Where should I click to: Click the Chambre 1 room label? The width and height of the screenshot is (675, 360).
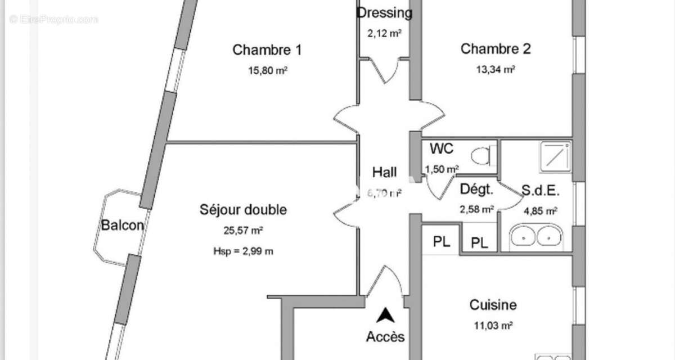click(x=267, y=50)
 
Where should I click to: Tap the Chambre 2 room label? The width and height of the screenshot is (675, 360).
click(x=496, y=49)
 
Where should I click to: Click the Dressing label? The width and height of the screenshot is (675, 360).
click(x=385, y=12)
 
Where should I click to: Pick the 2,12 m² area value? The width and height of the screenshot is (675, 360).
click(x=384, y=33)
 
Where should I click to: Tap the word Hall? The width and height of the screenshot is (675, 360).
click(x=385, y=172)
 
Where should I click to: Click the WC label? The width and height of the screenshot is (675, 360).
click(x=442, y=149)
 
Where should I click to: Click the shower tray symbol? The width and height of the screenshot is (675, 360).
click(x=555, y=155)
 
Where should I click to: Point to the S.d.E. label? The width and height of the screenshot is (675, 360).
click(x=540, y=190)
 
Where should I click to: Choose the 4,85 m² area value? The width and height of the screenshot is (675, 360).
click(x=540, y=211)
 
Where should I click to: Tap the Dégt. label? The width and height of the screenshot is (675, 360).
click(x=476, y=190)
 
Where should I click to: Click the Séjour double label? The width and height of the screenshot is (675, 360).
click(x=243, y=210)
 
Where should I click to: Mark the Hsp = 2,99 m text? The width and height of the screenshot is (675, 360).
click(x=243, y=251)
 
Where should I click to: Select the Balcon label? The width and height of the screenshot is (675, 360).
click(x=122, y=226)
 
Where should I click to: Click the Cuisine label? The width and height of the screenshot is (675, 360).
click(x=493, y=305)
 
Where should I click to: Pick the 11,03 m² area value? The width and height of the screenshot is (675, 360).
click(x=493, y=325)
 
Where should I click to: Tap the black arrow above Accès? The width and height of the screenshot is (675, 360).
click(x=385, y=316)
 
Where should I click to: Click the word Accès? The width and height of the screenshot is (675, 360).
click(x=385, y=337)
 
